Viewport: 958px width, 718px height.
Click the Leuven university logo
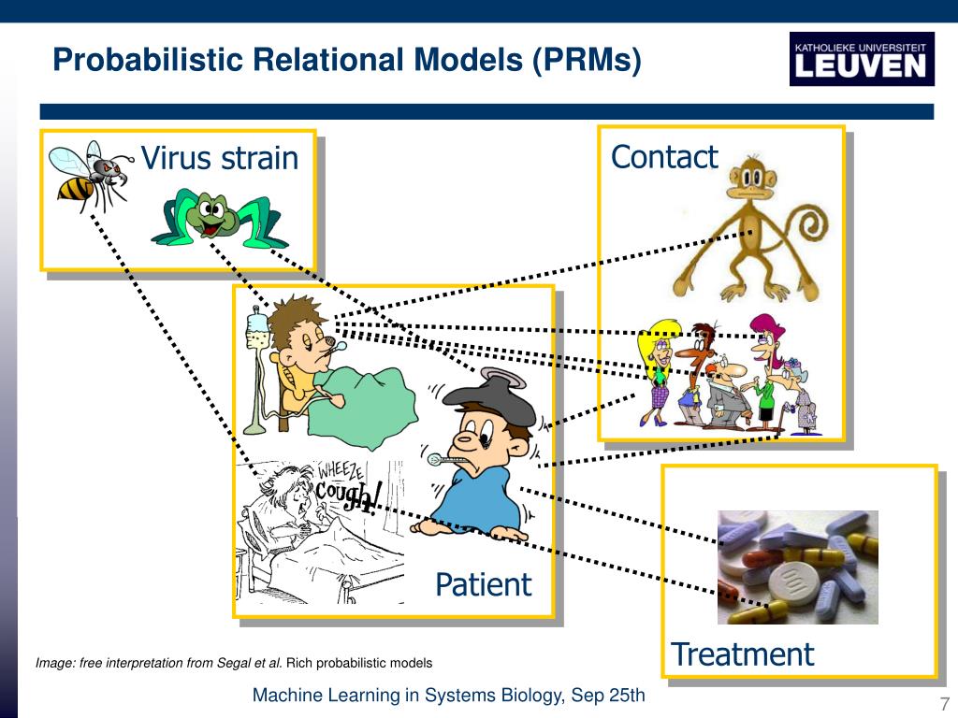click(861, 58)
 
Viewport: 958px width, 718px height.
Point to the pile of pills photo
click(797, 567)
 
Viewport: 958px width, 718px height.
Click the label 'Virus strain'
click(219, 158)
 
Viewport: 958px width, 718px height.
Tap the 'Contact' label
click(663, 156)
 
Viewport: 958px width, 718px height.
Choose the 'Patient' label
click(483, 584)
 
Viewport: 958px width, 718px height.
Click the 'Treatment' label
click(742, 653)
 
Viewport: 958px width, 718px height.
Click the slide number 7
click(944, 704)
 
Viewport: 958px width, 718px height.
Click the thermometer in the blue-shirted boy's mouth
click(447, 459)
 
